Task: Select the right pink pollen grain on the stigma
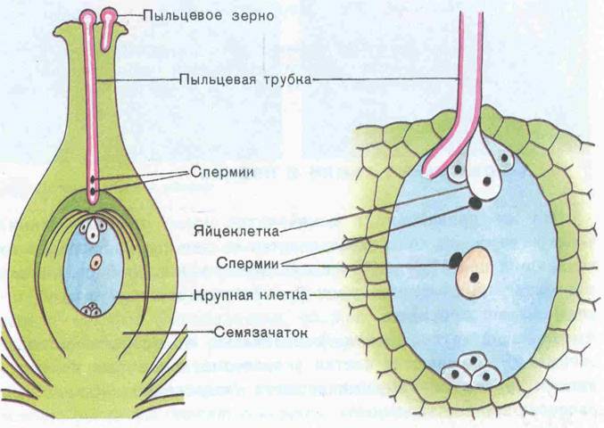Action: pyautogui.click(x=110, y=18)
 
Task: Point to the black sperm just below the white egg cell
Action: pyautogui.click(x=476, y=203)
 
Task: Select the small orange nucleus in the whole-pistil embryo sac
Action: pyautogui.click(x=95, y=262)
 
